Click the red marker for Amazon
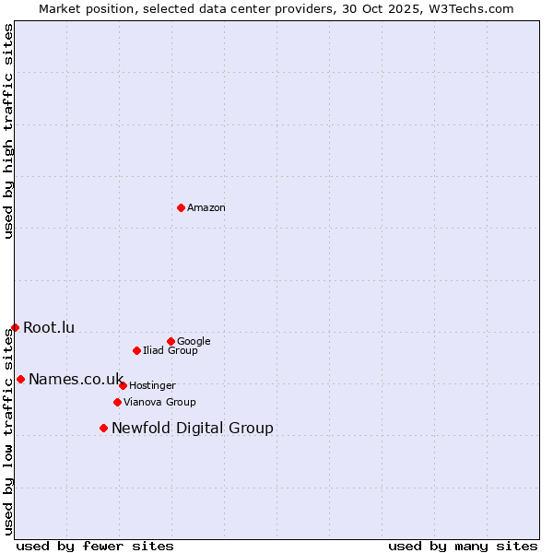(181, 207)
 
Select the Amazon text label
(206, 208)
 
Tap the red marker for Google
(171, 341)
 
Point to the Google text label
(194, 342)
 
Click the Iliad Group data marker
(136, 350)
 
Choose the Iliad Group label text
(171, 351)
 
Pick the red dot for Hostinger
(123, 385)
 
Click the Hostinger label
(152, 386)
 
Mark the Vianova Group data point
(117, 402)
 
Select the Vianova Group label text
(159, 403)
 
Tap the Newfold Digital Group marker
(103, 428)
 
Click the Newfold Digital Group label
(193, 429)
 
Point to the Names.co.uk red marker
(20, 379)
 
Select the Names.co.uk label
(76, 380)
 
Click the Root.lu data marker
(15, 327)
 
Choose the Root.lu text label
(49, 328)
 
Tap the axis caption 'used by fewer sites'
(95, 546)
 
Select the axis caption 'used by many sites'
(463, 546)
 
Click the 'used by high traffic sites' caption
(8, 131)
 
